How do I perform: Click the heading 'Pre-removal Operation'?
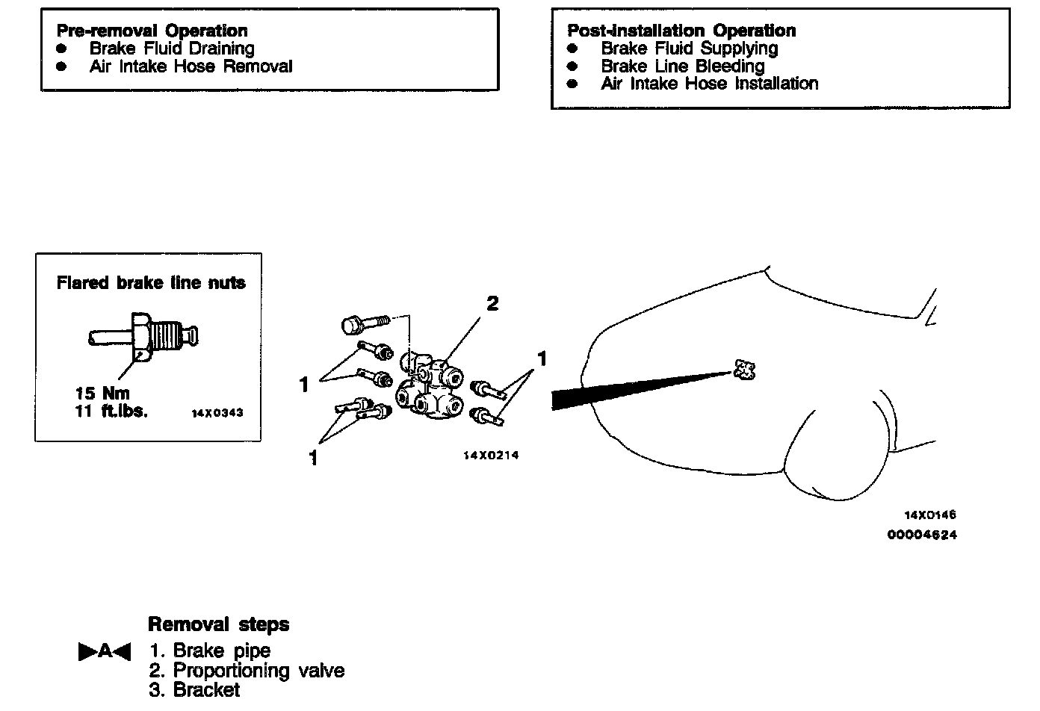[x=152, y=31]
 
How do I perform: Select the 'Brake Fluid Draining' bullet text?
[x=172, y=49]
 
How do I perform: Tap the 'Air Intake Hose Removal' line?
[x=191, y=66]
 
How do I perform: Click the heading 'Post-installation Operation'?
[x=681, y=31]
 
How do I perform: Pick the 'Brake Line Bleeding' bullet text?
[x=682, y=66]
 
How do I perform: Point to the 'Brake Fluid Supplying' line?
[x=689, y=49]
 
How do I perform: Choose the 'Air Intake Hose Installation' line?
[x=709, y=84]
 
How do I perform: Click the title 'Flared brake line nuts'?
[x=151, y=283]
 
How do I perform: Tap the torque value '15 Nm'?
[x=102, y=393]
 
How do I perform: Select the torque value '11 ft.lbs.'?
[x=111, y=411]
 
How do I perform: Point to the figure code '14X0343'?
[x=217, y=413]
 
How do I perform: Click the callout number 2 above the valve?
[x=492, y=303]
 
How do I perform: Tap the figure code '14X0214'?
[x=491, y=456]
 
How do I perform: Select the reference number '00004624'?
[x=922, y=535]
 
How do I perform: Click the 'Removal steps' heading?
[x=218, y=624]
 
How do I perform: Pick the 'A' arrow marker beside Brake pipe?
[x=105, y=651]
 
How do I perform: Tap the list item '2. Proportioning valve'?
[x=247, y=671]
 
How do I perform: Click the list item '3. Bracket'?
[x=195, y=690]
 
